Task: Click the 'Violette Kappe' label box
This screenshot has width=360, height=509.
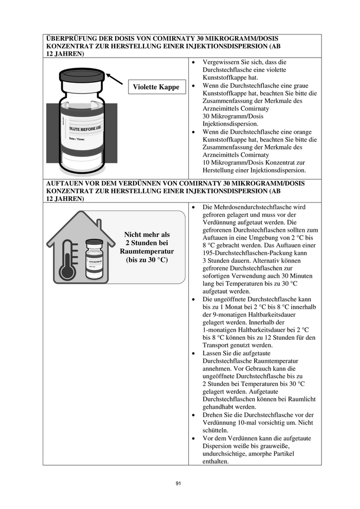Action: pos(156,87)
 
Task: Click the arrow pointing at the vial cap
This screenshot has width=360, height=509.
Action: pos(115,79)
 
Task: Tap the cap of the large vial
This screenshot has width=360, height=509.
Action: pos(82,77)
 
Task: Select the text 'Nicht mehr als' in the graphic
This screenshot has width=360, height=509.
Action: pos(147,234)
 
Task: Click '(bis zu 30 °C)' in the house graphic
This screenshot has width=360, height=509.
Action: pos(147,260)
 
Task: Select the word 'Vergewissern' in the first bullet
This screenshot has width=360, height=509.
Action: pos(221,62)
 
